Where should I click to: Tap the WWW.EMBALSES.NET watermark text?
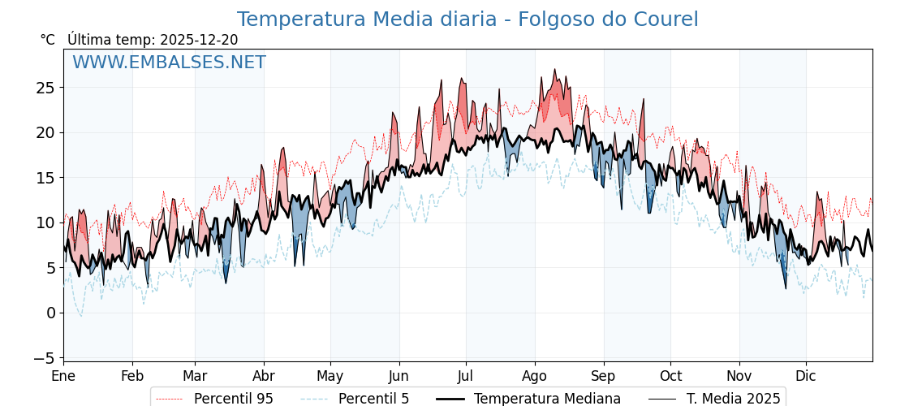(169, 63)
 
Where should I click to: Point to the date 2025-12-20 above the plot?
(199, 40)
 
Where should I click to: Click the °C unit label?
(47, 40)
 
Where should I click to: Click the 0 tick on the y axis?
(50, 313)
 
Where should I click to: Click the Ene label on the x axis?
(63, 376)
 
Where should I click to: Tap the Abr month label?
(264, 376)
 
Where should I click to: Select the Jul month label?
(466, 376)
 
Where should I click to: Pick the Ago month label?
(535, 376)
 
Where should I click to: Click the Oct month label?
(670, 376)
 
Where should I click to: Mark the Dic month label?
(806, 376)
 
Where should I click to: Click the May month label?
(330, 376)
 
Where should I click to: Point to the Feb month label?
(132, 376)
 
